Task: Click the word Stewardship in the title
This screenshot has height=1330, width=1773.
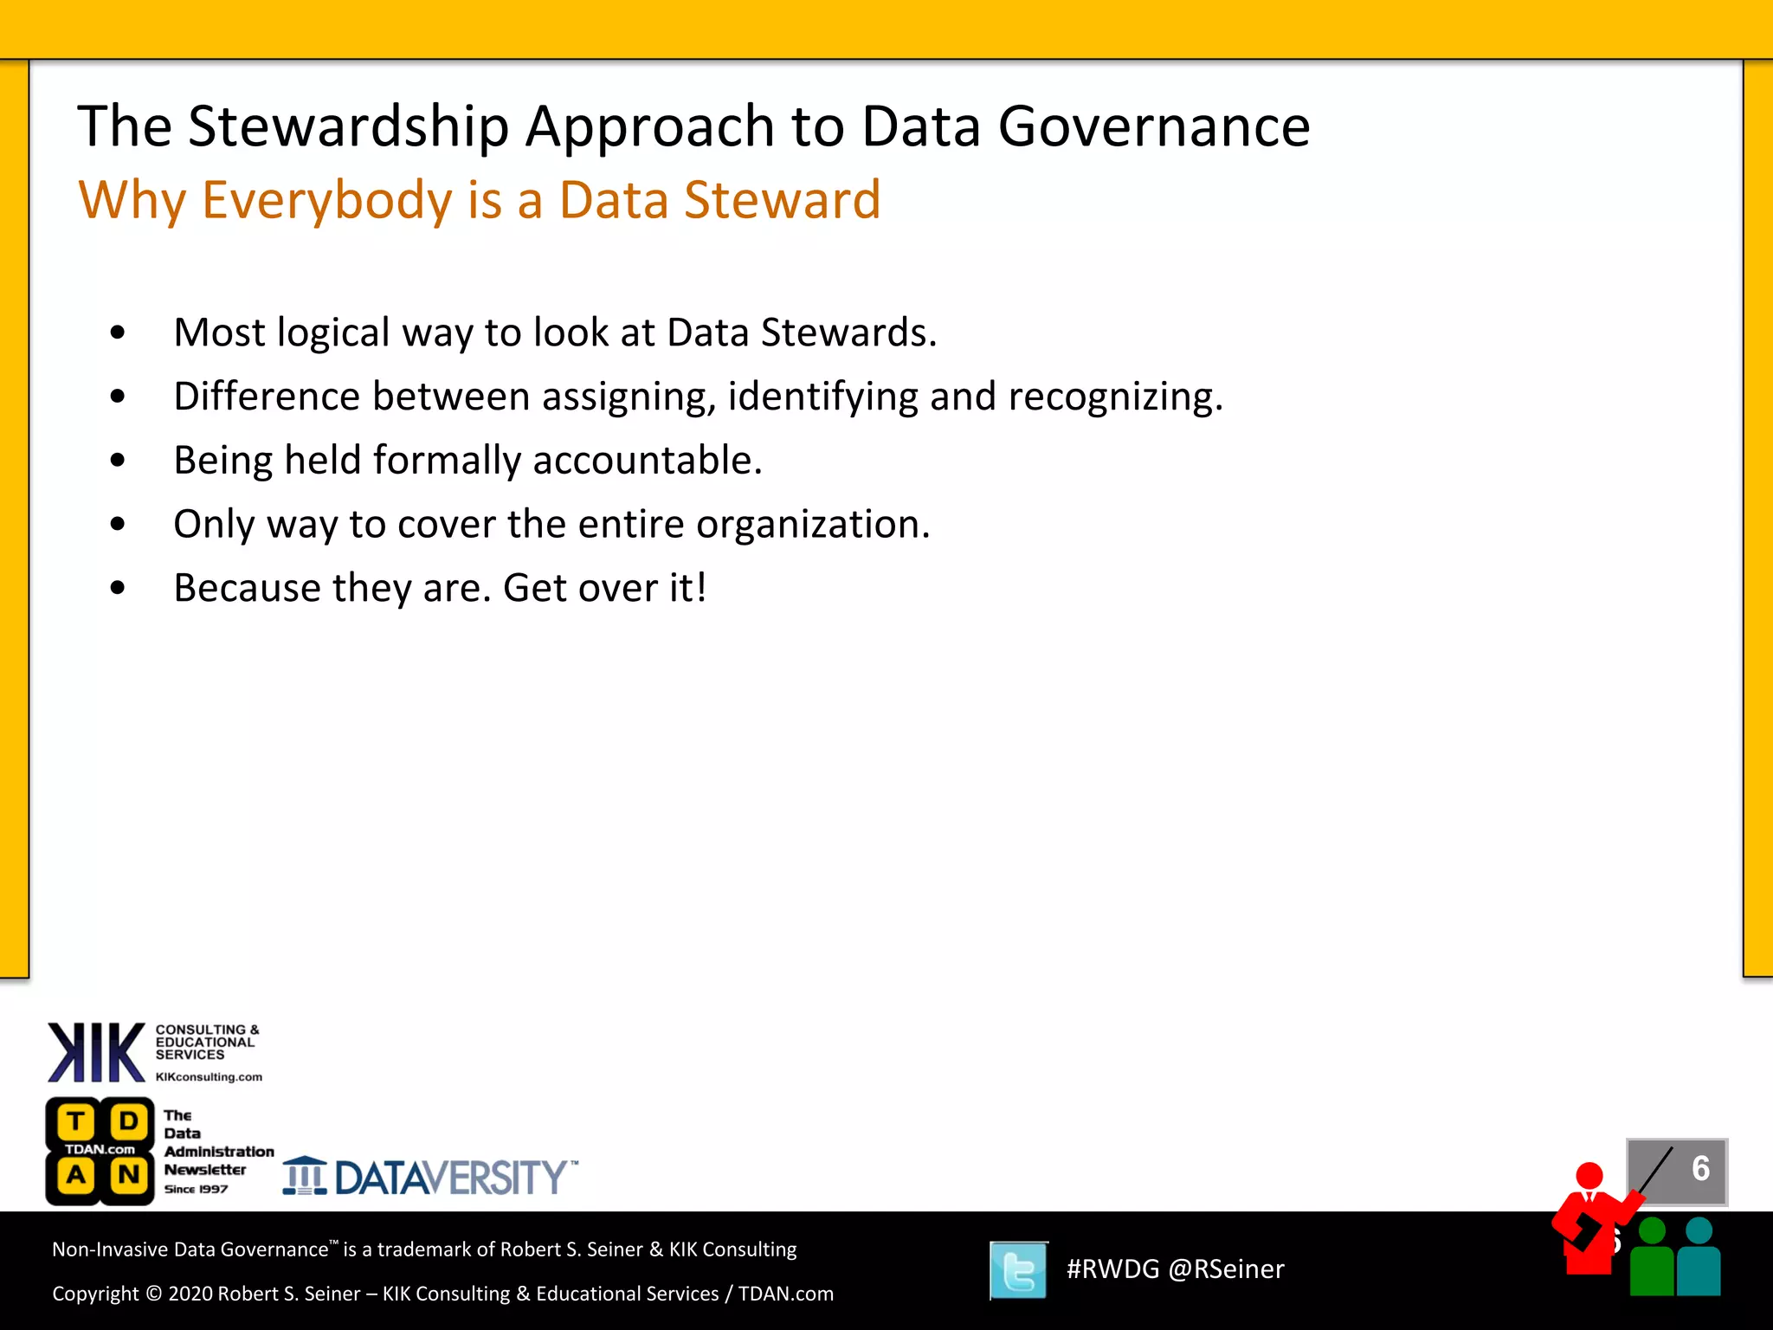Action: pos(348,127)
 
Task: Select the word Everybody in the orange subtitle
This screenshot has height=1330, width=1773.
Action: pos(326,200)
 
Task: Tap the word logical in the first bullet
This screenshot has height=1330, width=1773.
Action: pos(333,333)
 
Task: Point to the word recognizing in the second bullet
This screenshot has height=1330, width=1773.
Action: pos(1115,397)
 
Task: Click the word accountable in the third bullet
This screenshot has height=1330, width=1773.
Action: pos(647,461)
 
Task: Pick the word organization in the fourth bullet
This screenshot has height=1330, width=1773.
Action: pos(812,525)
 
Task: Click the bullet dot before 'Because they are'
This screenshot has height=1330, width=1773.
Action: pos(119,589)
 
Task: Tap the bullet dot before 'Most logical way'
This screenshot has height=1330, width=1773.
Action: pos(119,333)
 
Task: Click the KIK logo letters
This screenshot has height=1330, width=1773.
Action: pos(96,1053)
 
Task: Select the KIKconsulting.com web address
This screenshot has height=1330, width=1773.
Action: pos(209,1077)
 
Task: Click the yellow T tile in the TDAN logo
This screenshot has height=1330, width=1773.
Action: pos(76,1122)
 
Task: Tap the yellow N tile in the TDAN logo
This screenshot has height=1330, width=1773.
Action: pos(129,1175)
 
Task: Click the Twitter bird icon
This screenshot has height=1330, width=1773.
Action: pos(1019,1270)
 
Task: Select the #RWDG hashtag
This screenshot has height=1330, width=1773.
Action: pos(1112,1269)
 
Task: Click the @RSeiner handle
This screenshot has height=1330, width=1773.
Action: pos(1226,1269)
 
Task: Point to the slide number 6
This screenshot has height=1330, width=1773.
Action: pos(1700,1169)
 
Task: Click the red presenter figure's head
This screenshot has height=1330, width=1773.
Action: pos(1589,1175)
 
